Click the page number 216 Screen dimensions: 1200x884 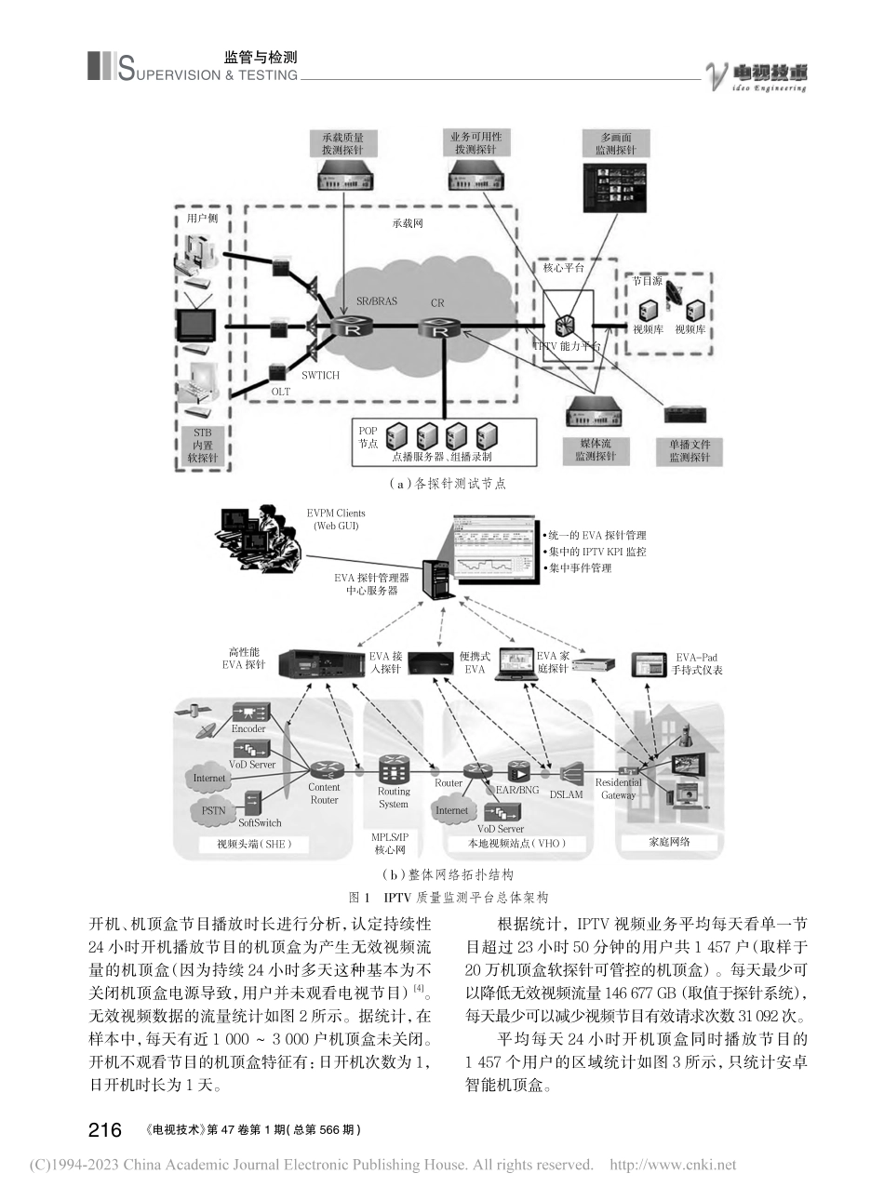104,1129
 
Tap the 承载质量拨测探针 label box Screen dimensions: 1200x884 343,143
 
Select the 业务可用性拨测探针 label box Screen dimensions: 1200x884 475,143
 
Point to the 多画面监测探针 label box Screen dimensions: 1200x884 616,143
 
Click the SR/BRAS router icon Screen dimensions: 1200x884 353,328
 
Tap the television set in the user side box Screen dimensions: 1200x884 198,325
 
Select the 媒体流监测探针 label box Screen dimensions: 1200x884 595,450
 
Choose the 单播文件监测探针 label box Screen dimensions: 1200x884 690,450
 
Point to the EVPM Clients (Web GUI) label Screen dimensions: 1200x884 336,519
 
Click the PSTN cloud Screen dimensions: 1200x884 214,810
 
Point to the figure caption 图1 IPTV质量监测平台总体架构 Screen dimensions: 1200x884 447,898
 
